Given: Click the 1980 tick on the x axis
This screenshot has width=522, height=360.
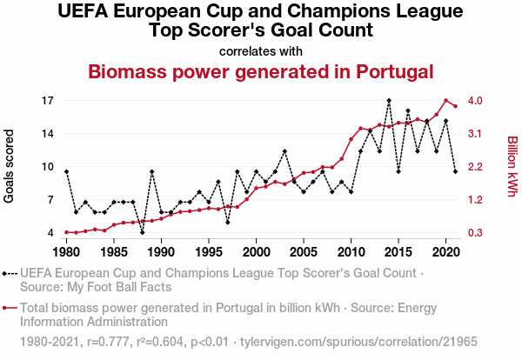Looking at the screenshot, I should [66, 252].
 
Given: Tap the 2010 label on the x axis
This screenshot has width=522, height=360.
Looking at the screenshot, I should [351, 252].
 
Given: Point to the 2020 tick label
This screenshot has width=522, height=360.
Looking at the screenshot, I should [445, 252].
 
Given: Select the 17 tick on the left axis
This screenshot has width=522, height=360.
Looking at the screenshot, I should [47, 101].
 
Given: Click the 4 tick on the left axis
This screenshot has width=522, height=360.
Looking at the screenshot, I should [50, 233].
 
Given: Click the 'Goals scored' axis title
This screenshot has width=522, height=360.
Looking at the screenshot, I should [10, 166].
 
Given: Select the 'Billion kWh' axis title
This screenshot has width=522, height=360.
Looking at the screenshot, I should [512, 166].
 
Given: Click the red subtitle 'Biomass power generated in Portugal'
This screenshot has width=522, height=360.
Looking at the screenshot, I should [261, 71].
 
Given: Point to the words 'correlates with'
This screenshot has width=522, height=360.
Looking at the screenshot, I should [261, 50].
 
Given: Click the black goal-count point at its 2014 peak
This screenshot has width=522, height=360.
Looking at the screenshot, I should [389, 101].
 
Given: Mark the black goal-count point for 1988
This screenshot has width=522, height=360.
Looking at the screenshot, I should [142, 232].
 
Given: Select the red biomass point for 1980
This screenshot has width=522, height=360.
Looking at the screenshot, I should [66, 232].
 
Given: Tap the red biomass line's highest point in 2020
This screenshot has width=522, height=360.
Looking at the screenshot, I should [445, 100].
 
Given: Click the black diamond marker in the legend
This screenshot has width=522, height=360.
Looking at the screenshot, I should [9, 272].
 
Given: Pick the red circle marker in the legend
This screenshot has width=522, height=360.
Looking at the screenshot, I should [9, 307].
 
